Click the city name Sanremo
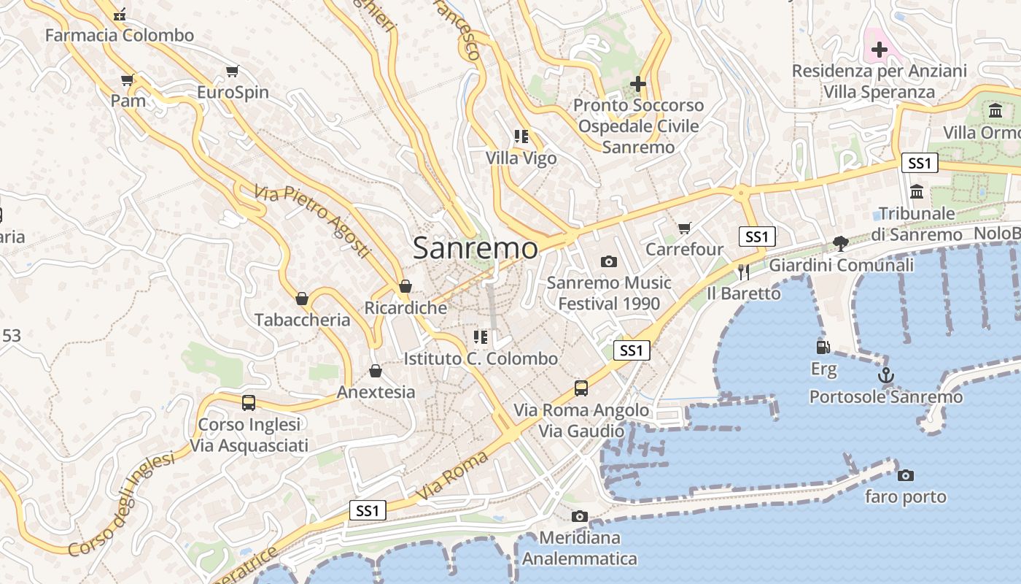(x=475, y=248)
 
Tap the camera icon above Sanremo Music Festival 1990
(x=608, y=261)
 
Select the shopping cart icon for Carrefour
(x=684, y=228)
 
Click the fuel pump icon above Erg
(x=823, y=347)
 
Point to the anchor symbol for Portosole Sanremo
(x=885, y=376)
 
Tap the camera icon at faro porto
(x=905, y=476)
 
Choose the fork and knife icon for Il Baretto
(x=743, y=272)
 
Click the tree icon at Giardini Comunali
(x=841, y=243)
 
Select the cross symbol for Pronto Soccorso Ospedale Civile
(x=638, y=84)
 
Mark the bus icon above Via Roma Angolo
(x=581, y=388)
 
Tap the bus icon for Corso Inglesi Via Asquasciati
(x=249, y=403)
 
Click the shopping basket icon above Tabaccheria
(x=302, y=299)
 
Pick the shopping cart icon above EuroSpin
(x=233, y=72)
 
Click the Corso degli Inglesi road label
(x=123, y=504)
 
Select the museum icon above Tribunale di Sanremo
(x=917, y=192)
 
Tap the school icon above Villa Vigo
(x=521, y=137)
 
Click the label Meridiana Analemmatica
(x=579, y=549)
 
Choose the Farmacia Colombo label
(x=120, y=35)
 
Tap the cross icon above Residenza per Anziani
(x=879, y=50)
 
